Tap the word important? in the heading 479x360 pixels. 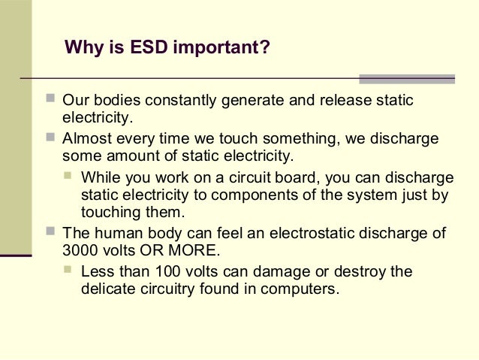[x=220, y=49]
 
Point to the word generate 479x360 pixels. [x=249, y=101]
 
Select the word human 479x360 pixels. [x=113, y=232]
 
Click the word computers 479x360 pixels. [x=304, y=287]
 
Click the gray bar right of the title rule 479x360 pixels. [x=407, y=78]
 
